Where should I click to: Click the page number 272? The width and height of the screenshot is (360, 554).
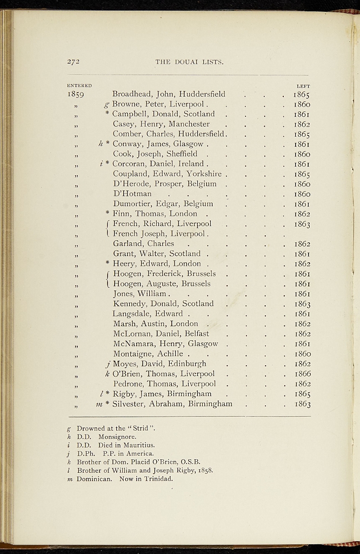point(74,62)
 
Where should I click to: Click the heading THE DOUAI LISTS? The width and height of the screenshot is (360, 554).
point(189,62)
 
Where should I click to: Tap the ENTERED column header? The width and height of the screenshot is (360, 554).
point(79,85)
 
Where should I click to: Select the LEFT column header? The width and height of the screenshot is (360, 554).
point(303,85)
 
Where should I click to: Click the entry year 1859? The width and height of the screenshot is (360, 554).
point(76,94)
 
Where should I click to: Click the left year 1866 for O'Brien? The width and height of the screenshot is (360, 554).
point(302,374)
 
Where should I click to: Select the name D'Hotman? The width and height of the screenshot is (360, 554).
point(132,194)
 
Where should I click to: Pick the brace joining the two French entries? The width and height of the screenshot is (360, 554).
point(109,229)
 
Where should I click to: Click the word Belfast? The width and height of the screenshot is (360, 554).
point(196,334)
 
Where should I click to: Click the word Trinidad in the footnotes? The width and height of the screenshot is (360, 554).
point(158,479)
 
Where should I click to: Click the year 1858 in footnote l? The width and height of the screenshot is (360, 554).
point(205,470)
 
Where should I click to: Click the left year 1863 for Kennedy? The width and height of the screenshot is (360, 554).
point(302,304)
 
